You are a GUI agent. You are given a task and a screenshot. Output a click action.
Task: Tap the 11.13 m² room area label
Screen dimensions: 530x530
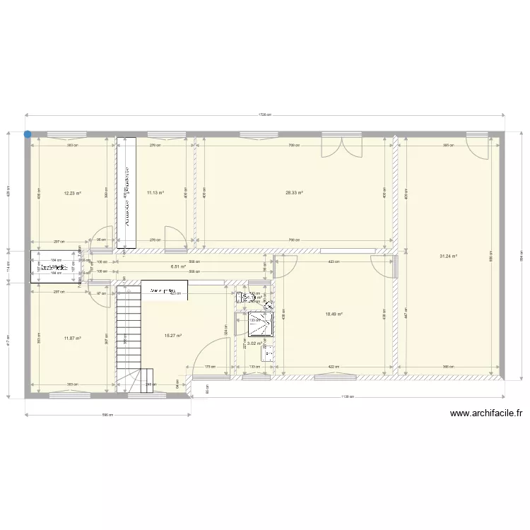coord(155,192)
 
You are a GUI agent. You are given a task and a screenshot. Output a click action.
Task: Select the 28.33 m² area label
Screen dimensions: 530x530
coord(294,192)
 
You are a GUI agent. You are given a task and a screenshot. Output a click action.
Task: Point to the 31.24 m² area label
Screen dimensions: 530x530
coord(449,257)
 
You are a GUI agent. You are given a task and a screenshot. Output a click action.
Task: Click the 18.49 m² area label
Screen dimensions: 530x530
coord(334,315)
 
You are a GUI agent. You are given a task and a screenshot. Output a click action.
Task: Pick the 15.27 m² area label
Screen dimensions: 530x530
coord(173,336)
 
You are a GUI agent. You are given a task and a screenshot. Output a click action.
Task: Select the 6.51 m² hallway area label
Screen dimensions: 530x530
coord(178,267)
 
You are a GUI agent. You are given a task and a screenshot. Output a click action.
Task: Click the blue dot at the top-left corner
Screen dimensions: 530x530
coord(28,134)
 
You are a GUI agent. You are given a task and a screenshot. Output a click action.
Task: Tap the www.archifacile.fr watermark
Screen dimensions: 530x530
coord(485,415)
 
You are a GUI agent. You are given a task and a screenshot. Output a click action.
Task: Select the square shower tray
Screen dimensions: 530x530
coord(257,324)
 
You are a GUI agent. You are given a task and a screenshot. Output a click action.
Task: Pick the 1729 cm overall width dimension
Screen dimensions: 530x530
coord(265,114)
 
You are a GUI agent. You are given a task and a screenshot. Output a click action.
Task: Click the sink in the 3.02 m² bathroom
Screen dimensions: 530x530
coord(266,354)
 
